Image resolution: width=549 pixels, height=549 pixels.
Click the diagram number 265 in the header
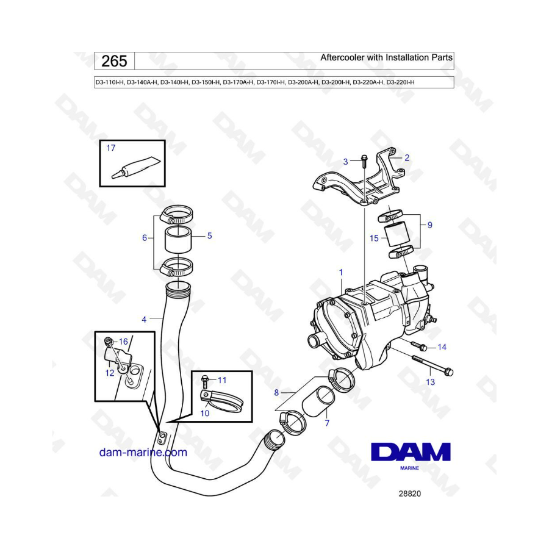(114, 61)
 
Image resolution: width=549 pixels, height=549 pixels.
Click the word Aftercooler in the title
(342, 57)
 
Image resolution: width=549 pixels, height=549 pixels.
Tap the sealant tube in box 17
(136, 167)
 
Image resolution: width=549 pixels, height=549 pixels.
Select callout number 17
(110, 148)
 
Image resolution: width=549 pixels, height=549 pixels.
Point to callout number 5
(209, 235)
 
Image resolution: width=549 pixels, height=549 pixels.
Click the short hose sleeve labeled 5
(178, 240)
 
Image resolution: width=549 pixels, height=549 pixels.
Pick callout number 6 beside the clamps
(144, 238)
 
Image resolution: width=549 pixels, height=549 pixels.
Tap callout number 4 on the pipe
(144, 319)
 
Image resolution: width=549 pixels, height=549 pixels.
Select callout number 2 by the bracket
(406, 157)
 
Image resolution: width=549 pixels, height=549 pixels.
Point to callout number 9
(430, 224)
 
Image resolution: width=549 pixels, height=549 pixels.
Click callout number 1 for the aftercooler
(341, 272)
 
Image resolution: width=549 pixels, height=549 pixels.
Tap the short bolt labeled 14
(418, 346)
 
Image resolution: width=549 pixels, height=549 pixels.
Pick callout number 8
(276, 393)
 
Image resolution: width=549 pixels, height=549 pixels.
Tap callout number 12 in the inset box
(110, 373)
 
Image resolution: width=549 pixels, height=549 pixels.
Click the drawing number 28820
(410, 493)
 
